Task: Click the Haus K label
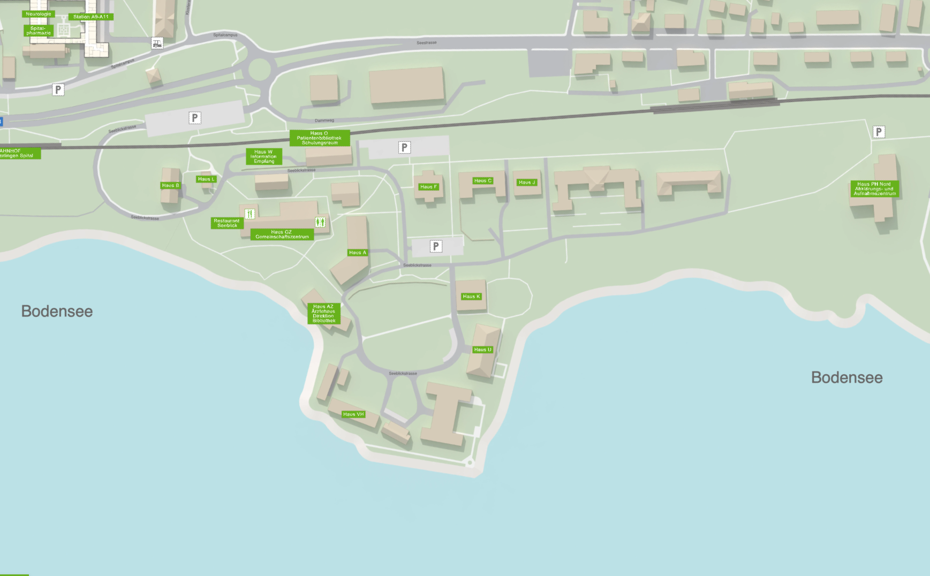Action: pyautogui.click(x=471, y=297)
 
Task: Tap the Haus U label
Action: pyautogui.click(x=482, y=350)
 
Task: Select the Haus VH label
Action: pyautogui.click(x=353, y=414)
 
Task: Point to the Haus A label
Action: pyautogui.click(x=358, y=253)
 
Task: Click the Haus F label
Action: pyautogui.click(x=428, y=187)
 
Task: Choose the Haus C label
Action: pyautogui.click(x=482, y=181)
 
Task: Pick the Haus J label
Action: pyautogui.click(x=527, y=183)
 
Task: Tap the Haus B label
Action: pyautogui.click(x=171, y=186)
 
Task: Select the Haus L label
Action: pyautogui.click(x=206, y=179)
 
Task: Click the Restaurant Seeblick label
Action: pyautogui.click(x=227, y=223)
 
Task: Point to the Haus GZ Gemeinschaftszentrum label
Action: pyautogui.click(x=282, y=234)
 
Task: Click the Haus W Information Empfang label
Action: pyautogui.click(x=264, y=156)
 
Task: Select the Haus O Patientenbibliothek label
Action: pyautogui.click(x=320, y=138)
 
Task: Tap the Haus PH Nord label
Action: pyautogui.click(x=874, y=189)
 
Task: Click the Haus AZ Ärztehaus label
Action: pyautogui.click(x=324, y=314)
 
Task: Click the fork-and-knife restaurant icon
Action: pyautogui.click(x=249, y=214)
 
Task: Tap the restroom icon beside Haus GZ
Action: pyautogui.click(x=320, y=222)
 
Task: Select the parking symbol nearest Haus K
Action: pyautogui.click(x=436, y=246)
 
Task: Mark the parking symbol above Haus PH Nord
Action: pyautogui.click(x=879, y=132)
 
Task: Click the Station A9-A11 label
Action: pyautogui.click(x=91, y=17)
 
